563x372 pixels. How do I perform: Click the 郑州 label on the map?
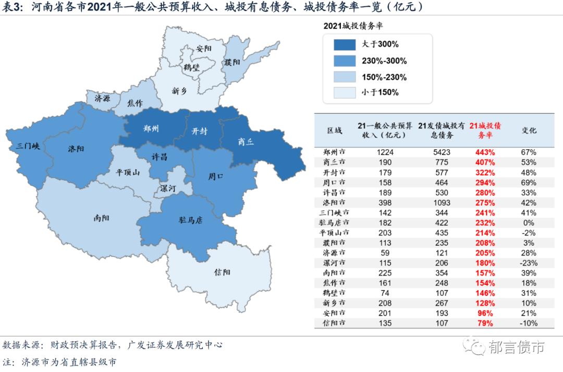pos(151,129)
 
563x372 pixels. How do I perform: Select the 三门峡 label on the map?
pos(28,146)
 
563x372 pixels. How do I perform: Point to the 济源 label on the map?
pos(102,98)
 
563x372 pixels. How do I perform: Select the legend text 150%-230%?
pos(384,77)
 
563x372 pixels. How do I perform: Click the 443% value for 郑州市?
pos(485,152)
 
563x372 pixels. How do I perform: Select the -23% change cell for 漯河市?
pos(529,263)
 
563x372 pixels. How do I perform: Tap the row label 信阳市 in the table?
pos(335,323)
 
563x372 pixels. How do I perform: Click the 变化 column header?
pos(529,130)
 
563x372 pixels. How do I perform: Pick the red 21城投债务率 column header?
pos(485,130)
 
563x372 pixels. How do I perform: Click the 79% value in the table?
pos(485,323)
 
